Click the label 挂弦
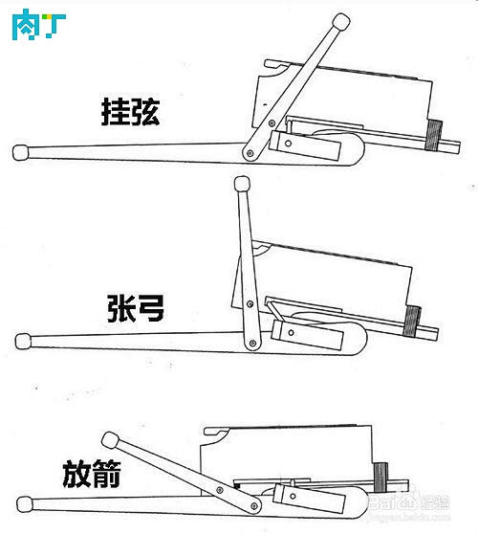(130, 112)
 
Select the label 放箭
(92, 473)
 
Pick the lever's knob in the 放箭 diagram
(111, 439)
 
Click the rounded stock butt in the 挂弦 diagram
(19, 151)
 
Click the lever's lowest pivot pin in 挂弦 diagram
(250, 153)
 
